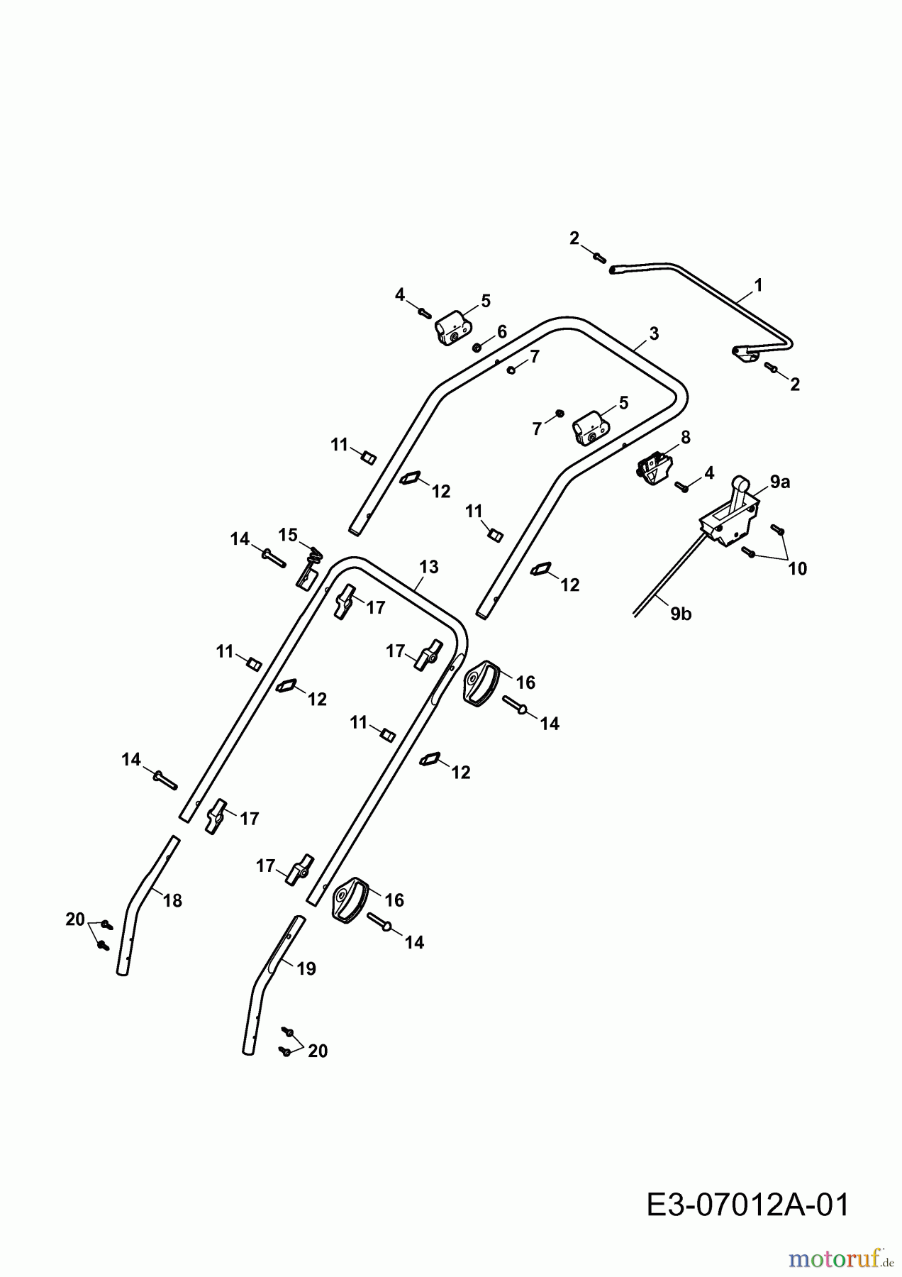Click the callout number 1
[758, 285]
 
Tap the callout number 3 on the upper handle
[654, 333]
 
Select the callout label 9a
[779, 482]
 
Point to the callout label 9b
[681, 614]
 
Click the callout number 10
[797, 568]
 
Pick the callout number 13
[429, 567]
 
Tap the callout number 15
[288, 534]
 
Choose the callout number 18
[172, 900]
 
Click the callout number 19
[306, 968]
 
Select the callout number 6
[501, 331]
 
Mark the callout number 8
[685, 437]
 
